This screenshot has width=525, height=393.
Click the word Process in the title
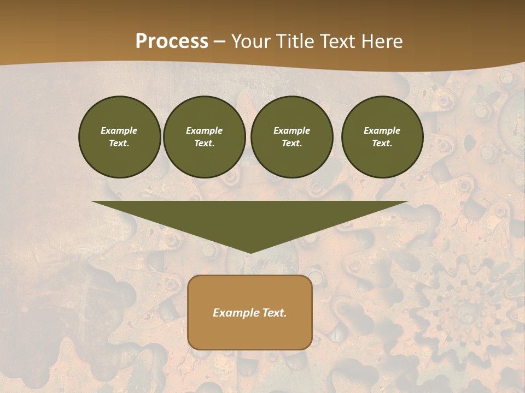click(x=172, y=41)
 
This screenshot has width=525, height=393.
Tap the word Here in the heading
click(x=382, y=41)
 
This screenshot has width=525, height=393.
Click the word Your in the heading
click(x=252, y=41)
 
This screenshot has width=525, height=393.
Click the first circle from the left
click(x=119, y=137)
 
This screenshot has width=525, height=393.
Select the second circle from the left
click(x=204, y=137)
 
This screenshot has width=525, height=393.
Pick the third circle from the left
click(x=291, y=137)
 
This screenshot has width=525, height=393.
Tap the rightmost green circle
click(x=382, y=137)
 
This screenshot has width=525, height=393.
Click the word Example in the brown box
click(x=236, y=313)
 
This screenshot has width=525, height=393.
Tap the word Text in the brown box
click(x=275, y=313)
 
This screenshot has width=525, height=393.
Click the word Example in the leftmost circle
click(x=119, y=130)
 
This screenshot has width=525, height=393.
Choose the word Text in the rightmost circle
click(x=382, y=144)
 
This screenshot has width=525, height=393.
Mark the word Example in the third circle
click(x=291, y=130)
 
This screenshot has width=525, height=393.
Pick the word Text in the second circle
click(x=204, y=144)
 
